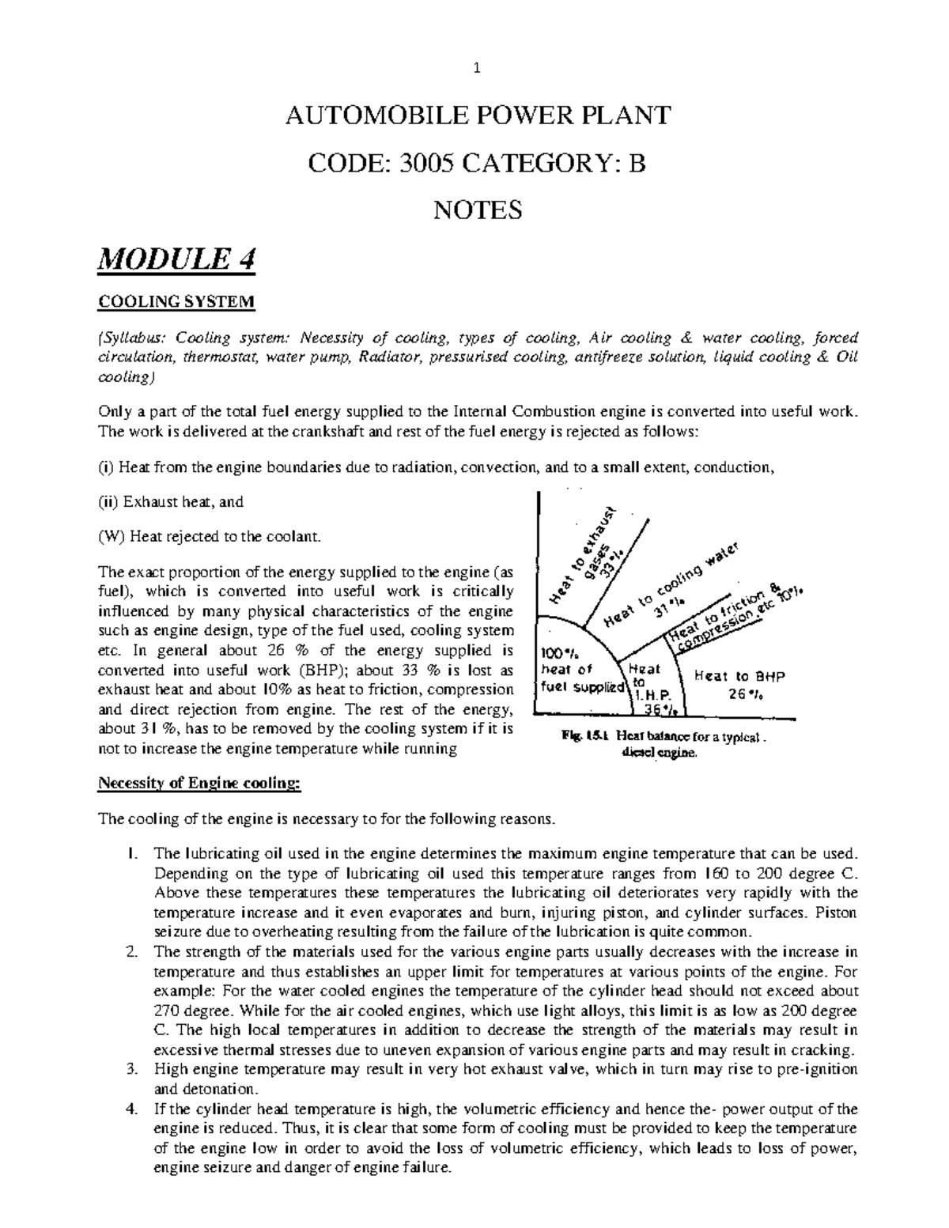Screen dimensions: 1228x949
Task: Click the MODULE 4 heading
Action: click(x=176, y=259)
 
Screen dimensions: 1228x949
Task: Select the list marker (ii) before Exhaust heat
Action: click(x=108, y=501)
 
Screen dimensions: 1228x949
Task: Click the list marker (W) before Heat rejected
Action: click(x=112, y=537)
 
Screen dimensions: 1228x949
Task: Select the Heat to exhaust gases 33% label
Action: click(x=592, y=553)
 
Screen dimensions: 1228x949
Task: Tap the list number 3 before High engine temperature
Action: click(x=131, y=1070)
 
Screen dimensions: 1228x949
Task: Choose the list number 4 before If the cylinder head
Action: click(x=131, y=1109)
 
